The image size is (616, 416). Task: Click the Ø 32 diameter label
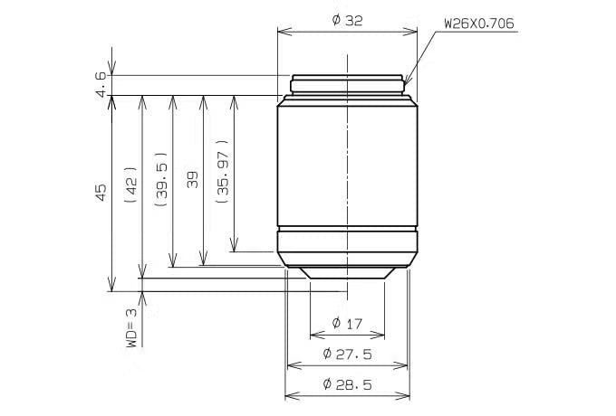pos(347,21)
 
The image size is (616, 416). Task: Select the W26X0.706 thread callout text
pos(479,24)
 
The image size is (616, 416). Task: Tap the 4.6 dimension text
pos(101,84)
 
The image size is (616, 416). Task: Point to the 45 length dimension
pos(101,193)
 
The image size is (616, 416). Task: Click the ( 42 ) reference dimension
pos(130,184)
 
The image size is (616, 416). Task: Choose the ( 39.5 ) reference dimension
pos(161,179)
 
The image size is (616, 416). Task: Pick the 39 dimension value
pos(192,180)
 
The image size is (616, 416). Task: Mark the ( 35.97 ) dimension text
pos(222,171)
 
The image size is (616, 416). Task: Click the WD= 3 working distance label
pos(131,327)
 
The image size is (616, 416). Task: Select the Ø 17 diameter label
pos(347,324)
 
